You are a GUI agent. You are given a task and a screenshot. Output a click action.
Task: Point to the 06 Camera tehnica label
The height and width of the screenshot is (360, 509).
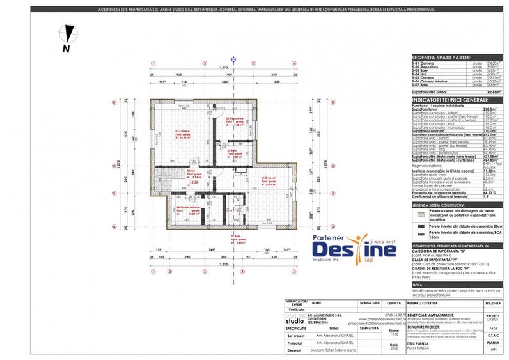pos(184,209)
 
